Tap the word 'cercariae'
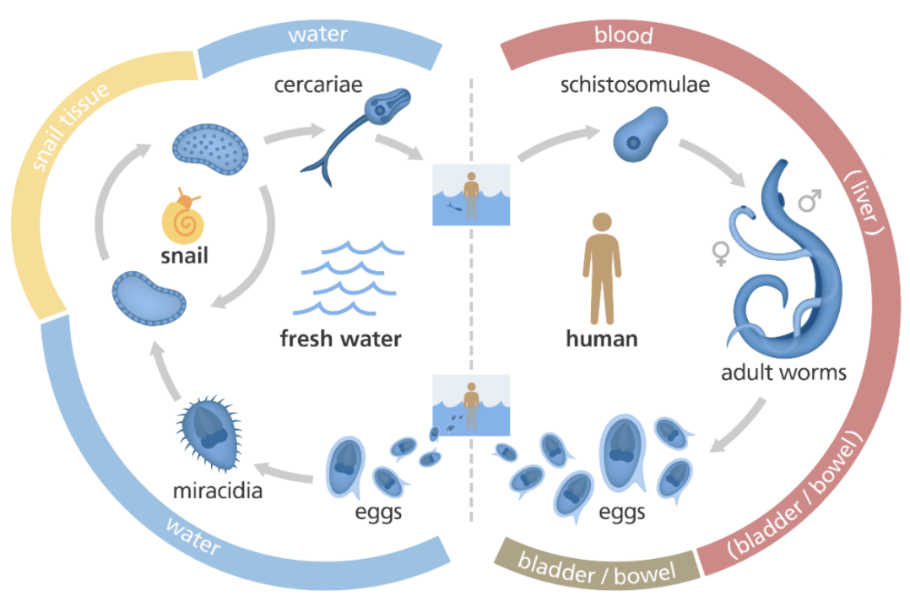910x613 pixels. tap(317, 85)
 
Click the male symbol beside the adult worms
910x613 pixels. tap(810, 201)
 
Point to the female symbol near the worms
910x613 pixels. tap(721, 252)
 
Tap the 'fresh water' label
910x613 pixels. tap(340, 340)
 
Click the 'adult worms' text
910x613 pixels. tap(783, 372)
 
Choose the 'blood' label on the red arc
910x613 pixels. tap(624, 36)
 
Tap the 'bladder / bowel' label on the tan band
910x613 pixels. tap(597, 567)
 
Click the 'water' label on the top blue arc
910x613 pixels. tap(318, 36)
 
